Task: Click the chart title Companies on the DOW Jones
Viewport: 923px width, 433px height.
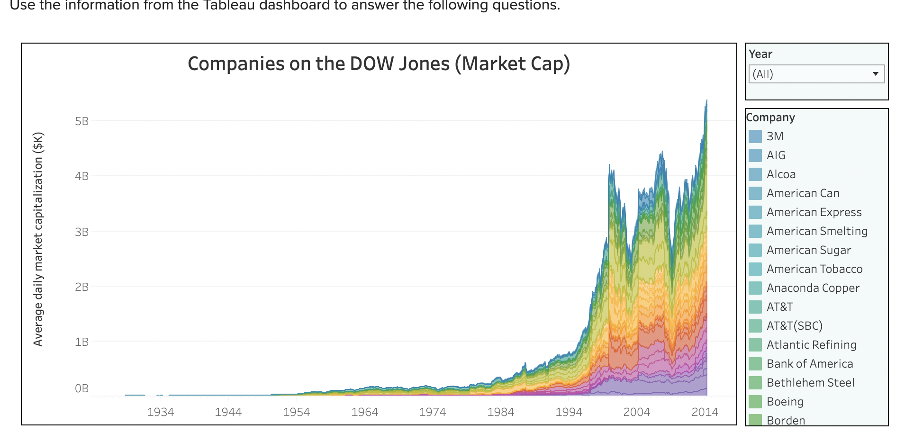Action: pos(379,64)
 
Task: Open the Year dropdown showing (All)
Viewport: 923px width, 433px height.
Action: pos(810,74)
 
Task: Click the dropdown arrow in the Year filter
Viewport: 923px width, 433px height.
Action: pos(875,74)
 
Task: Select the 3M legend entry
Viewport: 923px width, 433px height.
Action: pos(775,136)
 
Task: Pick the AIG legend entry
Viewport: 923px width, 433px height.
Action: pos(776,155)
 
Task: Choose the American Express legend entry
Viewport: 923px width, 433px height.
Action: pos(814,212)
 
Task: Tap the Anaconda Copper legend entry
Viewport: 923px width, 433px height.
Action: pos(813,288)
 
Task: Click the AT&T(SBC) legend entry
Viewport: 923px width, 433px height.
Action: pos(794,326)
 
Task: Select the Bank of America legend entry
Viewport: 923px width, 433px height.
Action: pos(809,364)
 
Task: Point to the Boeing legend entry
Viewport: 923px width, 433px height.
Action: pos(785,402)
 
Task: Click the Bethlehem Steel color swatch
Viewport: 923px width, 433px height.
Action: pos(755,383)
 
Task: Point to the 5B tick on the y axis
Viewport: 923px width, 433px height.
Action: pos(81,121)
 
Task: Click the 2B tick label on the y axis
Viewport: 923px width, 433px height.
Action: pos(81,287)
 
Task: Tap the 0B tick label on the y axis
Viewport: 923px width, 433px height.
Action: pos(81,388)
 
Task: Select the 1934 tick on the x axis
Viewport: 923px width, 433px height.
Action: pos(160,412)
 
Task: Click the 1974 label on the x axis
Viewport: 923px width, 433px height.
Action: pos(432,412)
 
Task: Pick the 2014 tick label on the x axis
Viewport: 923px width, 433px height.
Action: pos(705,412)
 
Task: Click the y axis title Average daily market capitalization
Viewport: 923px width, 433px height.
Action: pos(38,239)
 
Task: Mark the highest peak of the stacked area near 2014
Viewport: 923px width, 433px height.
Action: pos(706,100)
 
